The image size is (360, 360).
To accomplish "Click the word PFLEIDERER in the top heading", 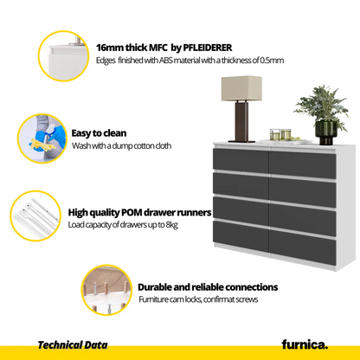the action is pos(208,48).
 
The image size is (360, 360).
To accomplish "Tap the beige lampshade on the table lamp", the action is pos(241,88).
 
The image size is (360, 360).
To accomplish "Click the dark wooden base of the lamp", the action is pos(241,121).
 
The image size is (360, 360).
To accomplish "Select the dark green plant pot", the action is pos(326,132).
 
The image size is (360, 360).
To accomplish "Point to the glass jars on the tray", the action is pos(280,135).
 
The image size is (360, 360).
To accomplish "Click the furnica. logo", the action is pos(305,344).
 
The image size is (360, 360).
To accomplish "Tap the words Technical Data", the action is pos(73,344).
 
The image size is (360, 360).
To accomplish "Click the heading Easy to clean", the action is pos(99,133).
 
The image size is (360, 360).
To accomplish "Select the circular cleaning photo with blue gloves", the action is pos(42,138).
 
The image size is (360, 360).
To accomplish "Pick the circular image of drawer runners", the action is pos(35,215).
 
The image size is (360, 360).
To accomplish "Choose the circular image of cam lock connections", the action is pos(106,290).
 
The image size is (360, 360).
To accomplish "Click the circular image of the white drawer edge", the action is pos(63,56).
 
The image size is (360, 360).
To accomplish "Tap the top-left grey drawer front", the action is pos(241,159).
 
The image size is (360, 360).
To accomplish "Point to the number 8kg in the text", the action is pos(172,225).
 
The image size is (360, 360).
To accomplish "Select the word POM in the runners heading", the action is pos(132,213).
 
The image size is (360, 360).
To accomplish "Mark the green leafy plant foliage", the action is pos(322,105).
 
